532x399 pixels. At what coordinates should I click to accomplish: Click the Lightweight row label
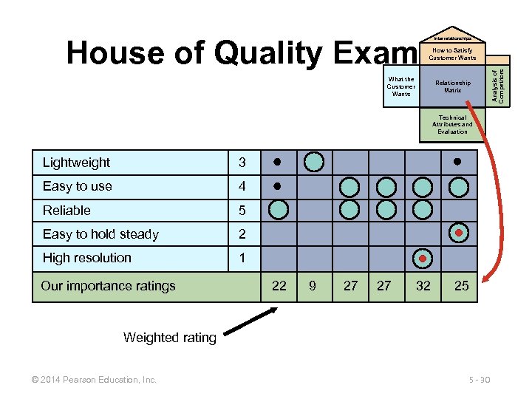(x=76, y=163)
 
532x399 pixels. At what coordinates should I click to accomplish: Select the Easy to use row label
(x=77, y=186)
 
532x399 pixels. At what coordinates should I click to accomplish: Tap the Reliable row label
(x=66, y=211)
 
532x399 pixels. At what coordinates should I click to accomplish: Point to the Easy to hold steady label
(x=100, y=234)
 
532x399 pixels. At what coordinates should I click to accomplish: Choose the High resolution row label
(x=86, y=258)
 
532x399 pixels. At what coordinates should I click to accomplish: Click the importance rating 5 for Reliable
(x=241, y=211)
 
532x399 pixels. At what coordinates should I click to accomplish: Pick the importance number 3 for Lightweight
(x=241, y=163)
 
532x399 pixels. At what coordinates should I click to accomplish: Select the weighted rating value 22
(x=279, y=286)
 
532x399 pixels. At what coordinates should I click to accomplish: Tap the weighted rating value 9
(x=313, y=286)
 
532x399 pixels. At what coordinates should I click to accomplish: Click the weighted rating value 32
(x=423, y=286)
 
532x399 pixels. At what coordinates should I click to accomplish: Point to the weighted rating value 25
(x=461, y=286)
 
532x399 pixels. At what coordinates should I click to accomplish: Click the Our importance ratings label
(x=108, y=286)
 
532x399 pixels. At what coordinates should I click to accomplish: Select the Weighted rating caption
(x=170, y=338)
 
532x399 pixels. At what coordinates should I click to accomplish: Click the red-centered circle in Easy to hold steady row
(x=459, y=233)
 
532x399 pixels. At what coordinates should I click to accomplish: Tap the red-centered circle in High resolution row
(x=423, y=258)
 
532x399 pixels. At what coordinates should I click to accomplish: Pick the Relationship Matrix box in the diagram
(x=452, y=86)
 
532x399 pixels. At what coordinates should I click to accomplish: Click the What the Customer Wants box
(x=401, y=86)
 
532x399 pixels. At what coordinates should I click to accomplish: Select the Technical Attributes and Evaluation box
(x=452, y=124)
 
